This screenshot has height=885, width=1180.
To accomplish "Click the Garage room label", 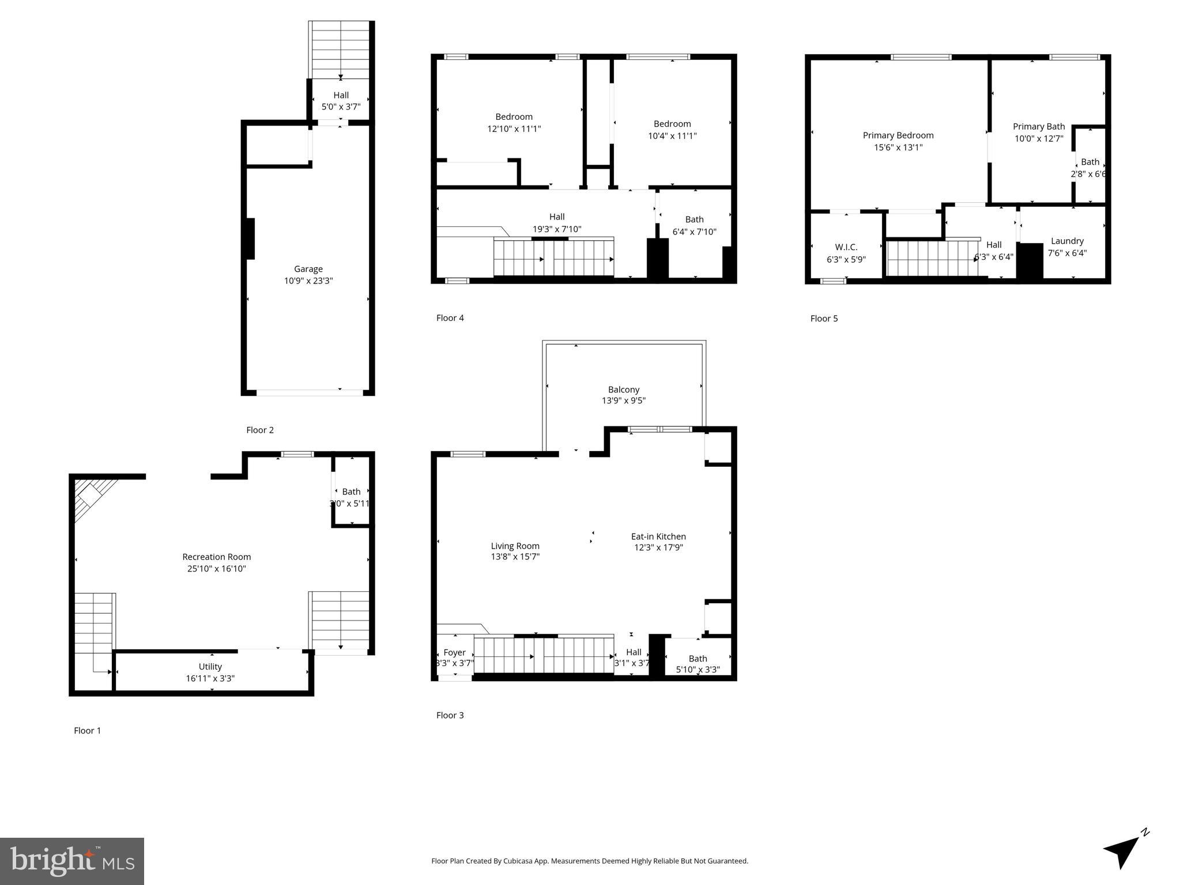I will [308, 268].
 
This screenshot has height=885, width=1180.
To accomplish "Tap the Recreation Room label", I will [216, 557].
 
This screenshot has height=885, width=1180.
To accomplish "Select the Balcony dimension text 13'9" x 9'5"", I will [624, 400].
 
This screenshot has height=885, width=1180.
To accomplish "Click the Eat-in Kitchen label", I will [658, 536].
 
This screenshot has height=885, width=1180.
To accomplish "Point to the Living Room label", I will [515, 546].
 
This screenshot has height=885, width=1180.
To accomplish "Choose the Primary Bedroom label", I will [898, 135].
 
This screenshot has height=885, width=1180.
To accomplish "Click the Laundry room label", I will [1066, 241].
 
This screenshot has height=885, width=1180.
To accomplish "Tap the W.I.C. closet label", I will [846, 247].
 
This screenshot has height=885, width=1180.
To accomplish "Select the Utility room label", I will [210, 667].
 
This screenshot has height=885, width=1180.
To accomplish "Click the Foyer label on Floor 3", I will [454, 652].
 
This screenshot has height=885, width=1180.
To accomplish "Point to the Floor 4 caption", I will [450, 318].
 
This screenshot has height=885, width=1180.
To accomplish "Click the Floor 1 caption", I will [87, 731].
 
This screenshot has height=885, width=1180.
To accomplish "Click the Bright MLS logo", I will [71, 861].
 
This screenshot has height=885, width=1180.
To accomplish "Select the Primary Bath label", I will [1038, 127].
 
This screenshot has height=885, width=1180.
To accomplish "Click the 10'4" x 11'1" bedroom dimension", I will [672, 136].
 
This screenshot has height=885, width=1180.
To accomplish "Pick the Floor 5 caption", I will [824, 319].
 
